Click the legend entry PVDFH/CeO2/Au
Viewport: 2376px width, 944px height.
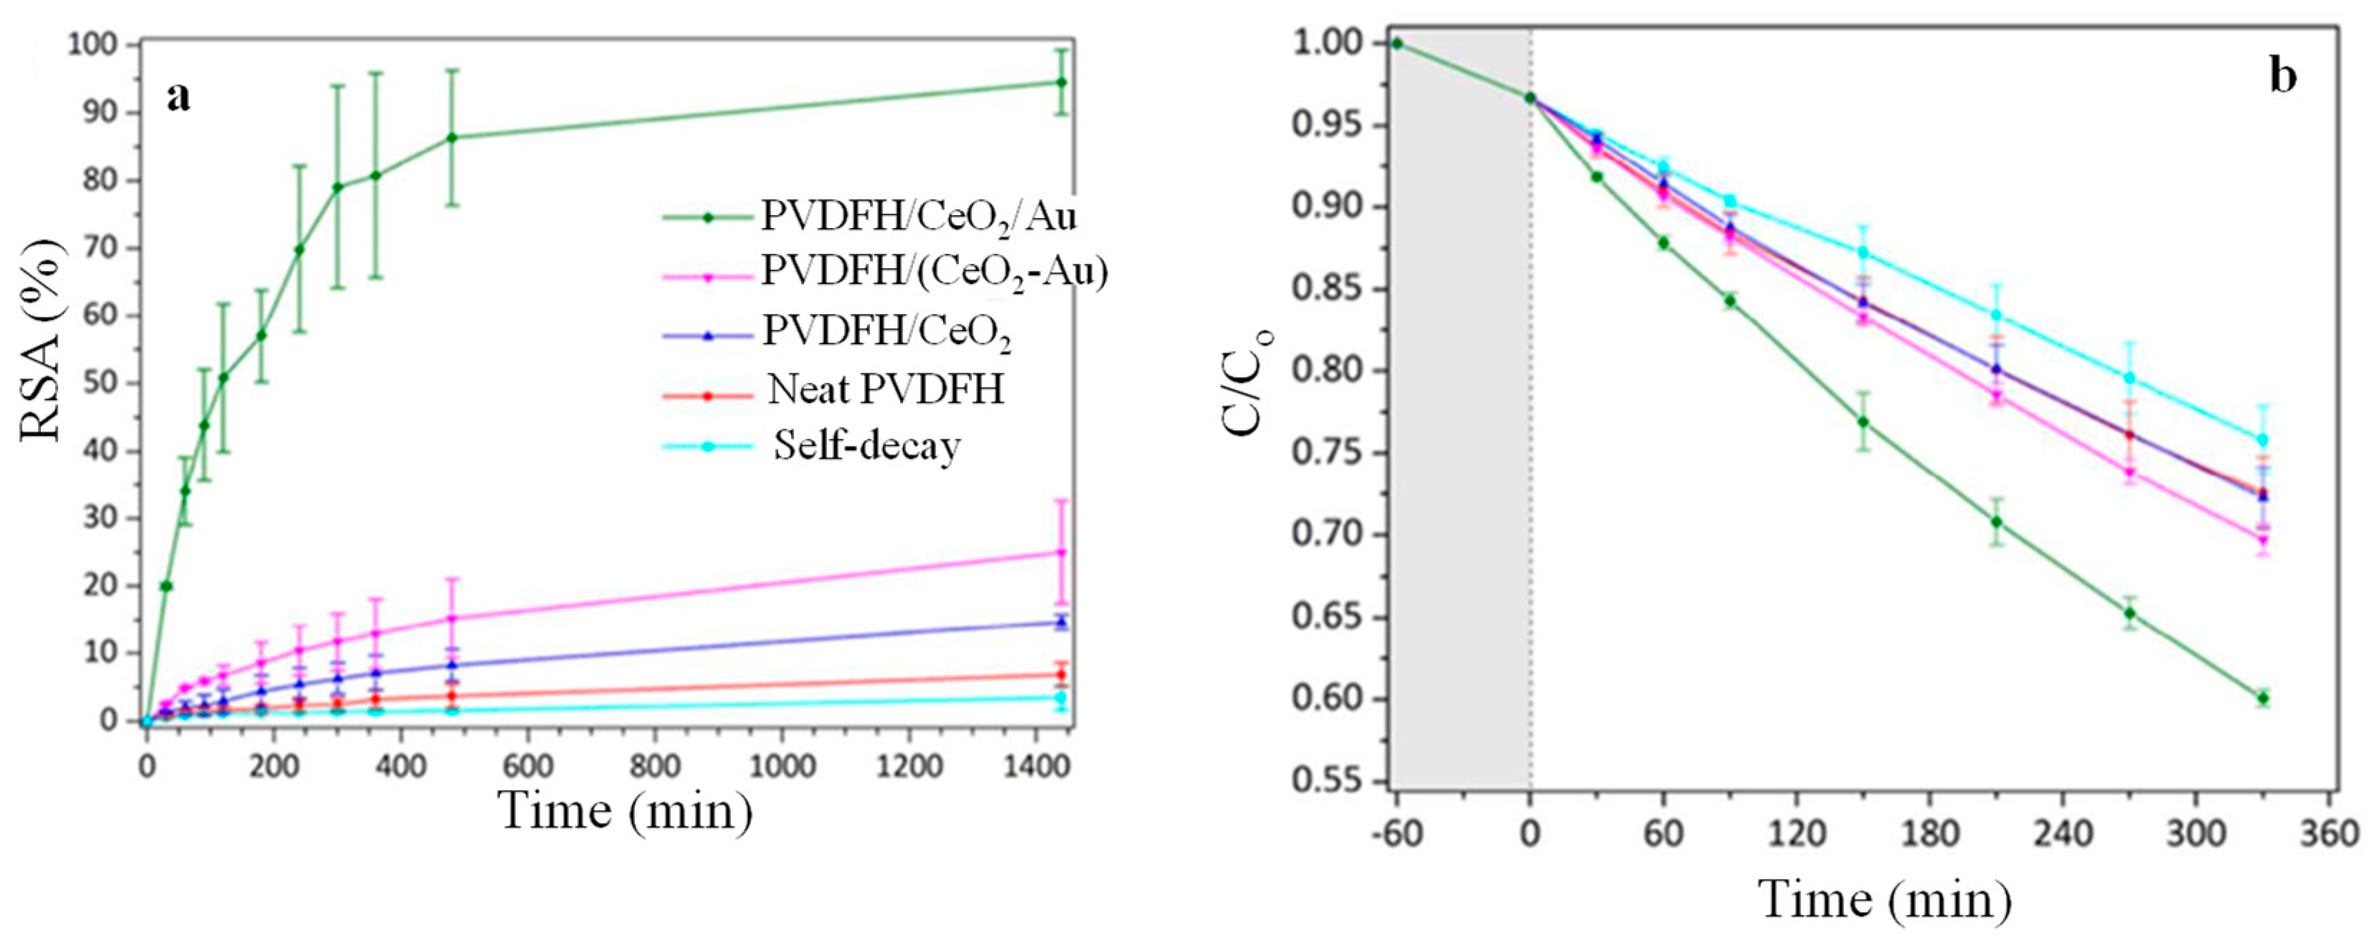918,216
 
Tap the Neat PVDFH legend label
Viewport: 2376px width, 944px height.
886,390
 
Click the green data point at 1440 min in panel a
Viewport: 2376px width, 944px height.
1061,82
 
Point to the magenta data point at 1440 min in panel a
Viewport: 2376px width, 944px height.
1061,552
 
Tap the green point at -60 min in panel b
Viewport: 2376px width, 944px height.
1396,43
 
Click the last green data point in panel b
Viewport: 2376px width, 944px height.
2263,698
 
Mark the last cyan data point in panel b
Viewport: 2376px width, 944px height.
2263,439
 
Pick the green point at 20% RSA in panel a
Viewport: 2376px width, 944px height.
166,586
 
